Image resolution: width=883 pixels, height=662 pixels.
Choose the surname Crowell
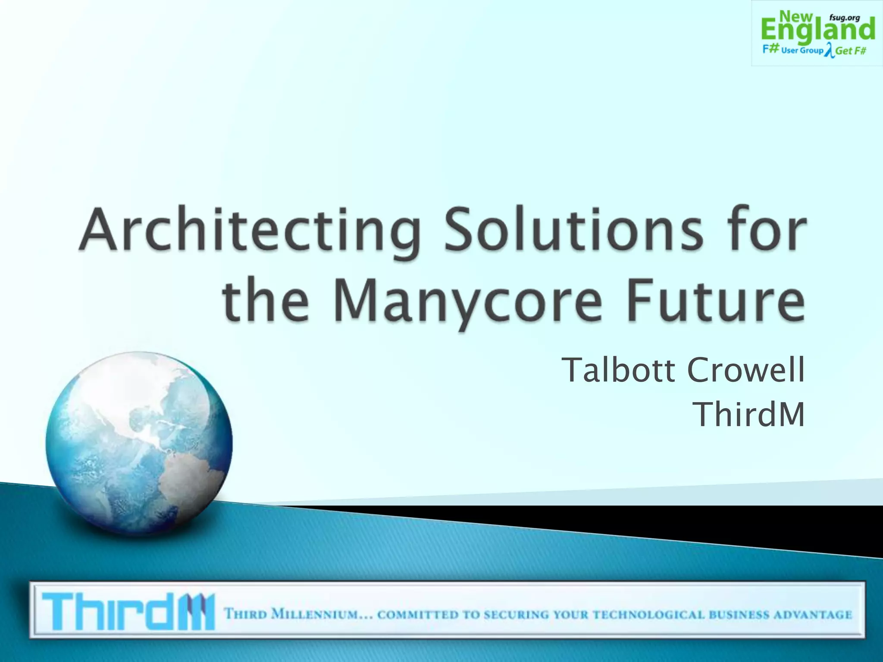(x=745, y=370)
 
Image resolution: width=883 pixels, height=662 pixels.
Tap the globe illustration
(x=139, y=444)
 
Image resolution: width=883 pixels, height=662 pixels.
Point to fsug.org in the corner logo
(x=844, y=18)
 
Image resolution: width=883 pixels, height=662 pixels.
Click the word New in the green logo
(x=796, y=16)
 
